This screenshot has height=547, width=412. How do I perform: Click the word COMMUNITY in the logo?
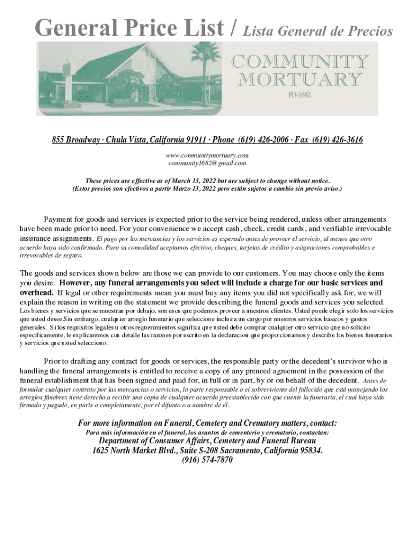click(299, 62)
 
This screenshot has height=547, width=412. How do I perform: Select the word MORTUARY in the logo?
click(299, 80)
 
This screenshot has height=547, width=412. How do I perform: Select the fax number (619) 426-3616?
click(336, 140)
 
